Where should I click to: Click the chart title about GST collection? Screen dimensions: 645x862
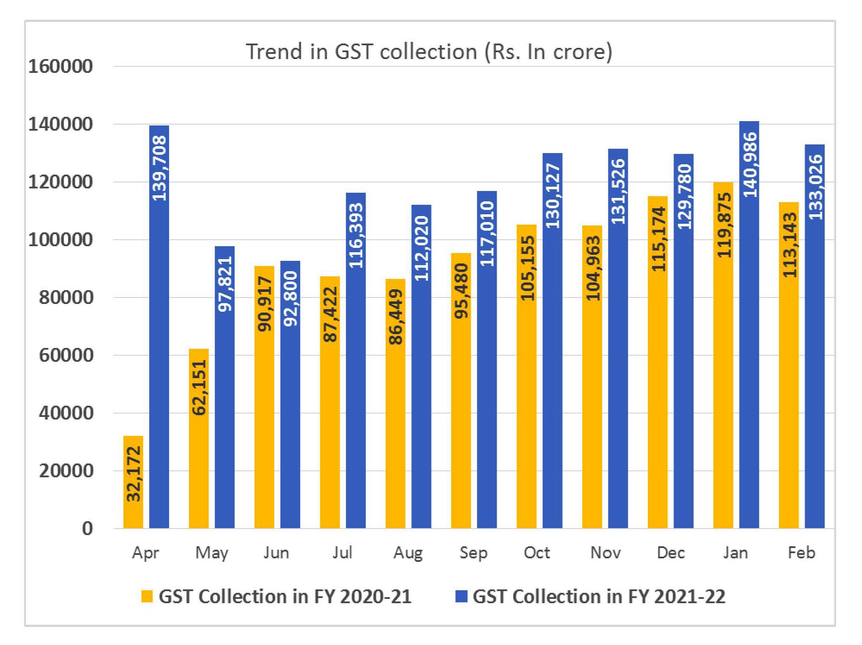(x=429, y=52)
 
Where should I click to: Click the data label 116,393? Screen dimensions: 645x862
(x=356, y=235)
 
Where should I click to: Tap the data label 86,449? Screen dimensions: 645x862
(x=396, y=317)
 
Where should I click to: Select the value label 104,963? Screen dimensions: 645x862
(x=593, y=268)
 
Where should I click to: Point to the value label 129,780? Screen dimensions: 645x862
(x=684, y=197)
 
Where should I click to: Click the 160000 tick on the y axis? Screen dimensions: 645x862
(x=60, y=66)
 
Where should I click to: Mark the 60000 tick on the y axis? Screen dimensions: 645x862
(x=66, y=355)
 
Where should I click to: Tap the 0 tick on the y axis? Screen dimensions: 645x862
(x=87, y=529)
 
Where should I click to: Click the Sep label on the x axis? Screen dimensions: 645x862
(x=473, y=553)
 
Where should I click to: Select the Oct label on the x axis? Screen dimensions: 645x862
(x=537, y=553)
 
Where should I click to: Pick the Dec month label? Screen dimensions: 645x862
(x=671, y=553)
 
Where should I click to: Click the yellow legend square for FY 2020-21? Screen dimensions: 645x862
(x=147, y=596)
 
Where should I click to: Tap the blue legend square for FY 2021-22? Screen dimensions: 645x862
(x=461, y=596)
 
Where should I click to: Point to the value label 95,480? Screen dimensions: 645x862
(x=461, y=291)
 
